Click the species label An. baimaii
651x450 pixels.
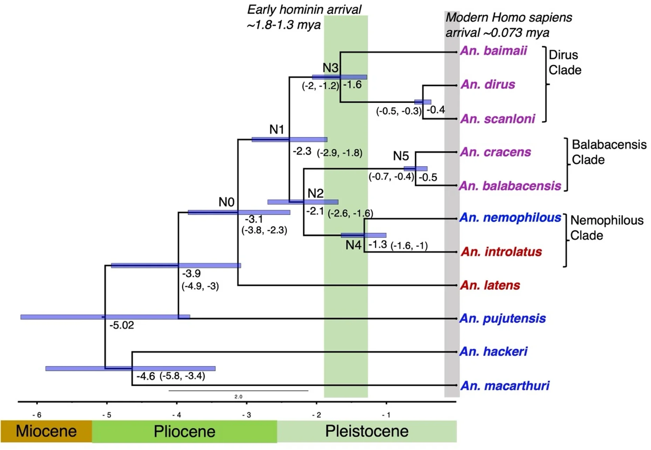[493, 51]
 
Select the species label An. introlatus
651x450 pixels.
[501, 252]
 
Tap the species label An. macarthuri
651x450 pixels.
[505, 386]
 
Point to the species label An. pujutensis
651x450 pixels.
[502, 319]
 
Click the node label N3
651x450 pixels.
[330, 68]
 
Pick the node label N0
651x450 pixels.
[226, 202]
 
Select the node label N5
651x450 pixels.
[401, 156]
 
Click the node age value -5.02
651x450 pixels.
[122, 325]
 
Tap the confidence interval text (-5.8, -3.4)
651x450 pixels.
[182, 376]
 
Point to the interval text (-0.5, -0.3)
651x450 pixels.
[399, 111]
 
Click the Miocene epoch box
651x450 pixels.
[46, 431]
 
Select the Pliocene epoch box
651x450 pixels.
[184, 431]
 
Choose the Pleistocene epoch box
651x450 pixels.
[366, 431]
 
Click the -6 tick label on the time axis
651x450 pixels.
[37, 415]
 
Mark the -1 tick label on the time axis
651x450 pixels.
[386, 415]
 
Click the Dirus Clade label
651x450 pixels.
[564, 62]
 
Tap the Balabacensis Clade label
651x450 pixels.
[609, 152]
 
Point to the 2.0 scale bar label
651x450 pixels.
[238, 397]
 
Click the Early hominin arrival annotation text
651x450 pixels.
[304, 17]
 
